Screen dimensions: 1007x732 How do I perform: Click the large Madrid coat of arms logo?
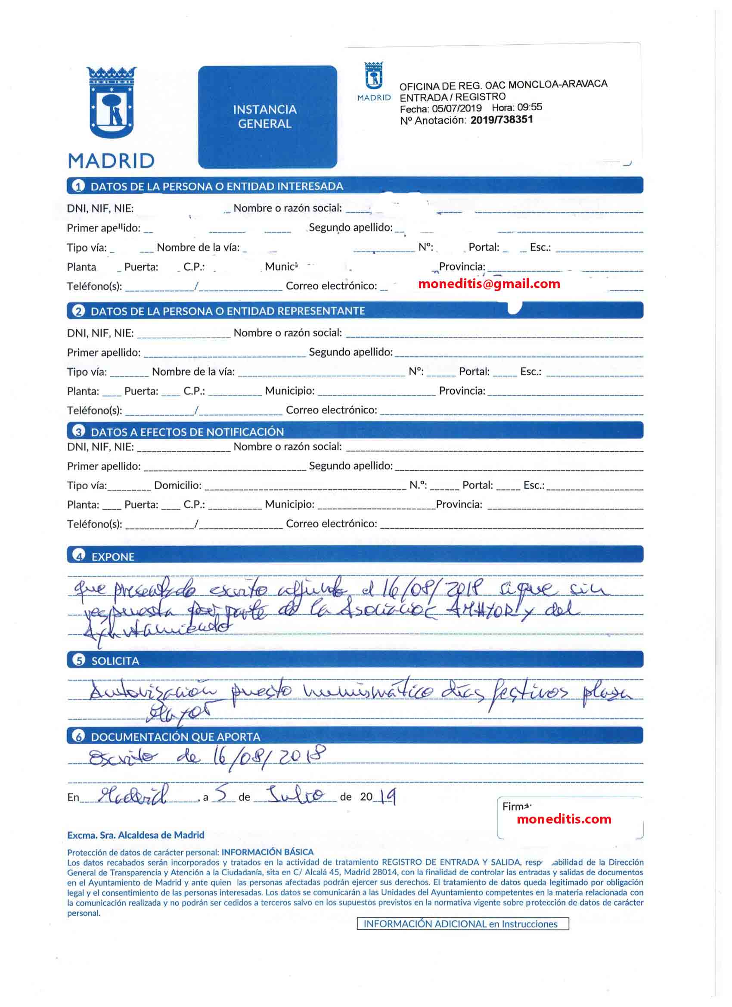(x=112, y=103)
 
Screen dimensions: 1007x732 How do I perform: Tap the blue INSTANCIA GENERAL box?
(x=267, y=117)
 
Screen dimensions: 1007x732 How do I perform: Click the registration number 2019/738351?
(x=501, y=120)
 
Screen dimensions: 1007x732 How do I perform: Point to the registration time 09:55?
(x=529, y=107)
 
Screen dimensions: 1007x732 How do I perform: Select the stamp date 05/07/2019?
(x=456, y=109)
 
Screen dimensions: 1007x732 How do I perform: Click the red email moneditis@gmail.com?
(x=489, y=284)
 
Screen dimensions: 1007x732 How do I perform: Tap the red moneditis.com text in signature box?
(x=564, y=819)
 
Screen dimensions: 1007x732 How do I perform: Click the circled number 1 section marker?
(x=78, y=186)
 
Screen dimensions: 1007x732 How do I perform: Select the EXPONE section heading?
(x=113, y=557)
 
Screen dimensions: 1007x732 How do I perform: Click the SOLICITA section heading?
(x=115, y=661)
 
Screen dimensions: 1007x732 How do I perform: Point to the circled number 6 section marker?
(x=78, y=737)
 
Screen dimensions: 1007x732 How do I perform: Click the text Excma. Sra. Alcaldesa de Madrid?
(x=136, y=835)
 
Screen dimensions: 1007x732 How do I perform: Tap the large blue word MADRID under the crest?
(x=111, y=161)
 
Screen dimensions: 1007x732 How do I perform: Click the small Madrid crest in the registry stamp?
(x=374, y=76)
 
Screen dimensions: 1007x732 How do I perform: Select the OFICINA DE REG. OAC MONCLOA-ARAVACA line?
(x=503, y=85)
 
